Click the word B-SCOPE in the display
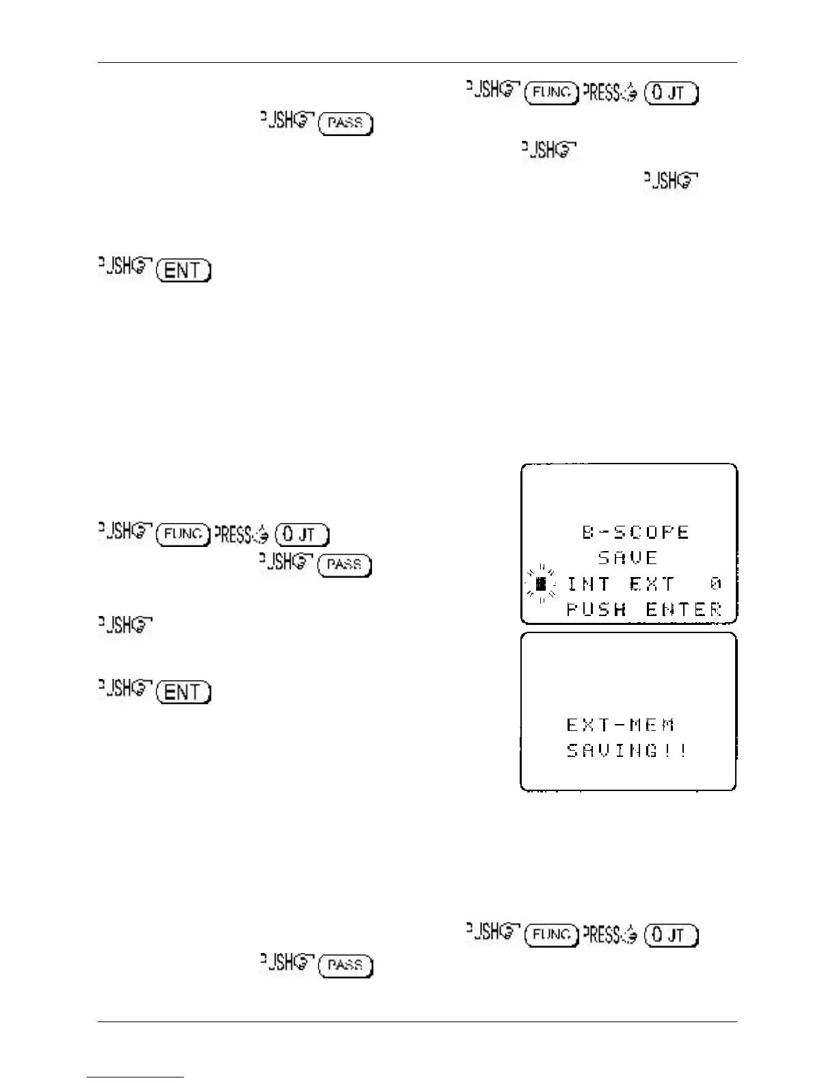[636, 532]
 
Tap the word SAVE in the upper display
[628, 558]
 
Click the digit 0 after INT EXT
[715, 584]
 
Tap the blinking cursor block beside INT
[541, 584]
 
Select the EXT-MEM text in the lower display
[621, 725]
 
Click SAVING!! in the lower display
[627, 751]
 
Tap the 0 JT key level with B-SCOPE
[302, 534]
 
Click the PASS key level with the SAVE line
[345, 565]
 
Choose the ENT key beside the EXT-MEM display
[183, 693]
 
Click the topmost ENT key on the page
[183, 271]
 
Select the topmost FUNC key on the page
[551, 92]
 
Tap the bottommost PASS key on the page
[345, 965]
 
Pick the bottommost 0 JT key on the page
[671, 935]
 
